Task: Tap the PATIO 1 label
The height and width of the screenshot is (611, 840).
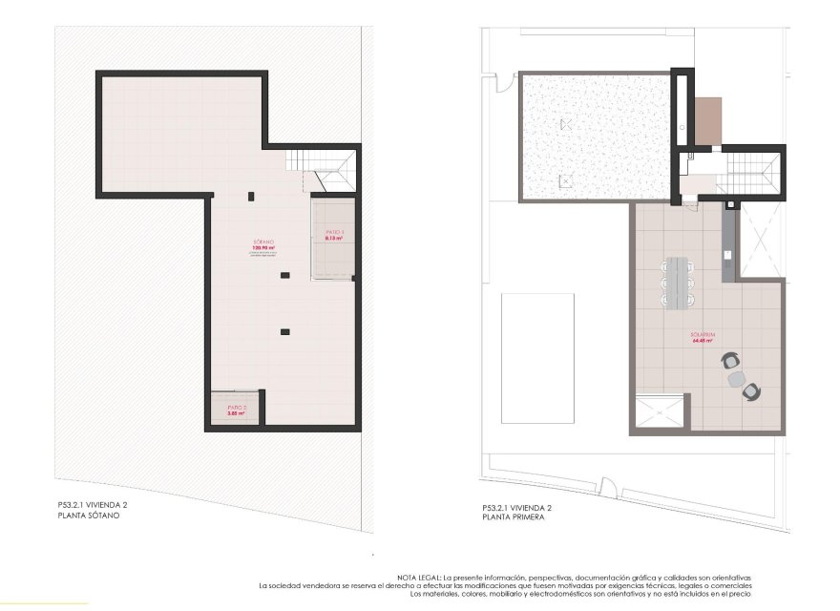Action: (x=333, y=231)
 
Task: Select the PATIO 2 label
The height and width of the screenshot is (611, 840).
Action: (x=237, y=408)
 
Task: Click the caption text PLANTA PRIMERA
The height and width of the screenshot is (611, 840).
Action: (x=514, y=516)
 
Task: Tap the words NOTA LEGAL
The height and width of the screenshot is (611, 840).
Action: (x=420, y=578)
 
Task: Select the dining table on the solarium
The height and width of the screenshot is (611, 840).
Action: (x=680, y=282)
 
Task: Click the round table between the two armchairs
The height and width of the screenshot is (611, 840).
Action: (x=737, y=378)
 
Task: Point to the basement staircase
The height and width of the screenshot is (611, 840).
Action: (x=325, y=169)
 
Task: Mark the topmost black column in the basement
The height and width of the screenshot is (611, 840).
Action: (x=251, y=197)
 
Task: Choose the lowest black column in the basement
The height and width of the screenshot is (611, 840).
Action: (x=284, y=331)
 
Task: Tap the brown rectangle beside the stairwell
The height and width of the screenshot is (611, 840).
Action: (x=707, y=121)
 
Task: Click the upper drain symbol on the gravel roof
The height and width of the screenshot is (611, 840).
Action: (x=566, y=124)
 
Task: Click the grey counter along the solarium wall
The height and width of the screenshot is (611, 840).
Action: (x=728, y=243)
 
